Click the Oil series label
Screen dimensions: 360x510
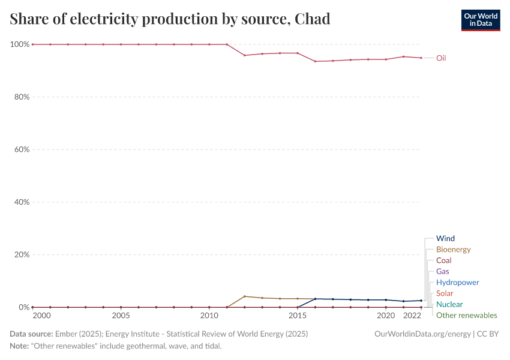(x=441, y=58)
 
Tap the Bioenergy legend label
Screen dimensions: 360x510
(x=453, y=250)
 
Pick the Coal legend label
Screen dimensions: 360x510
(x=444, y=260)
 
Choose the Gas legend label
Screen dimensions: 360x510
(x=443, y=272)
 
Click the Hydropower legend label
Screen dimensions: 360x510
(x=457, y=283)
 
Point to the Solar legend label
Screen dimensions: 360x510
(x=445, y=293)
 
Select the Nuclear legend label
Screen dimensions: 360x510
(x=449, y=304)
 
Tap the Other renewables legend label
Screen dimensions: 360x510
(x=466, y=316)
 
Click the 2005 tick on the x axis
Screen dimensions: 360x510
(x=121, y=316)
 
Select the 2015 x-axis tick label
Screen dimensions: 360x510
(x=298, y=316)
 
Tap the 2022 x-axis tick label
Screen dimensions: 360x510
(x=412, y=316)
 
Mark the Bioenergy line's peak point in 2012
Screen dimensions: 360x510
(x=245, y=296)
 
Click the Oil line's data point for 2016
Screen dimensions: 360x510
(x=315, y=61)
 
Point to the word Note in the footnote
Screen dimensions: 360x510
(x=20, y=346)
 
